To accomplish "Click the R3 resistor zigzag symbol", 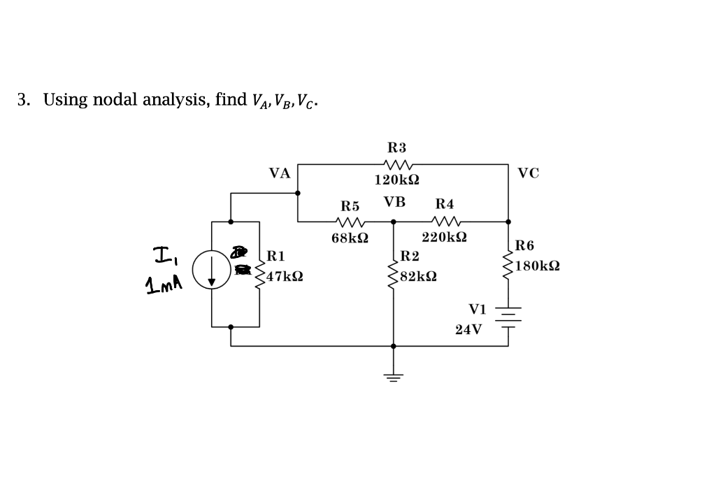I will point(396,165).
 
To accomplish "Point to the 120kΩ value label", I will point(396,180).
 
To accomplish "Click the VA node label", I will point(280,173).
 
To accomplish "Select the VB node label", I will point(394,203).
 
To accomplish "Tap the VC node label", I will point(529,173).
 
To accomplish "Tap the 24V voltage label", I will point(468,329).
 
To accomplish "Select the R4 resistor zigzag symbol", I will point(445,222).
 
